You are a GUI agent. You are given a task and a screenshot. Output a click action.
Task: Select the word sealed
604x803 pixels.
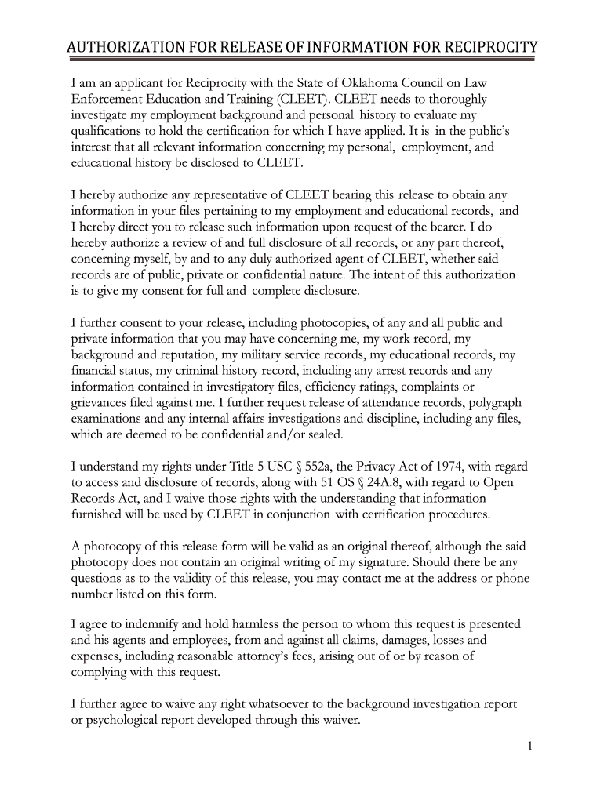322,434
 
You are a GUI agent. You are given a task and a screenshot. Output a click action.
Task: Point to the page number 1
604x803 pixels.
530,746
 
